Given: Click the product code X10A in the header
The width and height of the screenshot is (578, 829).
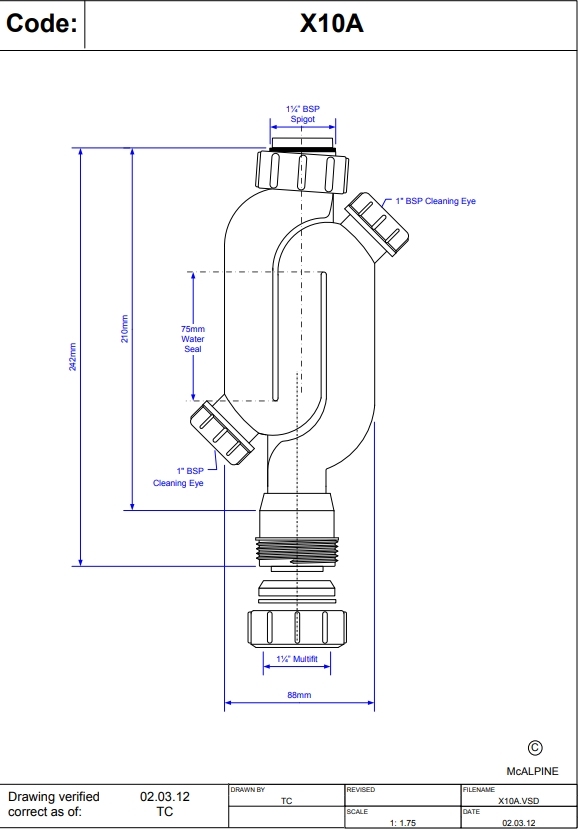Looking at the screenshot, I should click(x=331, y=25).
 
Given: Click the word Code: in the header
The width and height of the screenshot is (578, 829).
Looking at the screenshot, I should click(x=42, y=25).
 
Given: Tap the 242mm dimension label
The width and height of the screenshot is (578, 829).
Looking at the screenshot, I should click(x=72, y=357).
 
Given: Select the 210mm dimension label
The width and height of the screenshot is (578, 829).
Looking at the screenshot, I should click(x=125, y=329).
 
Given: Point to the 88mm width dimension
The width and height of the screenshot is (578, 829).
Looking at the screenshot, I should click(x=299, y=694).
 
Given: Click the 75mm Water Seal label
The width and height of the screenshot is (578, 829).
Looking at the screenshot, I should click(x=192, y=339).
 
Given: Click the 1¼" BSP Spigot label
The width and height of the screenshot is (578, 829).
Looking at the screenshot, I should click(x=302, y=114).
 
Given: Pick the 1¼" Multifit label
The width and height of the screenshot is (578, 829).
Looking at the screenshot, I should click(x=298, y=658).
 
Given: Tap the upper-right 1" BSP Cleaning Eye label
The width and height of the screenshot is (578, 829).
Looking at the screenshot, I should click(x=435, y=201).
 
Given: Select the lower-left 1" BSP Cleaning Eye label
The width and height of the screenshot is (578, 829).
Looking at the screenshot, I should click(x=178, y=477).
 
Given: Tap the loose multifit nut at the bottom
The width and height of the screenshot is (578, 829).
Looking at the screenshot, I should click(x=299, y=627).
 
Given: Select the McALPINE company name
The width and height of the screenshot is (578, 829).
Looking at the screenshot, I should click(x=532, y=771).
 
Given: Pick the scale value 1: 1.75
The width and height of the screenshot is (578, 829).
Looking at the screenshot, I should click(x=407, y=821).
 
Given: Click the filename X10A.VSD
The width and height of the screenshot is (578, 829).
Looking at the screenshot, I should click(x=519, y=801).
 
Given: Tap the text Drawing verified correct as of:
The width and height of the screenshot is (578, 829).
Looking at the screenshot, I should click(x=54, y=804).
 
